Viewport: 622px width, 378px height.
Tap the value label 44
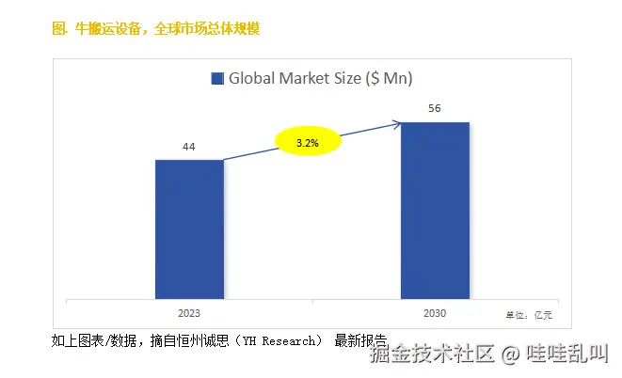(x=189, y=148)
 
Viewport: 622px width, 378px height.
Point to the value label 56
(x=435, y=109)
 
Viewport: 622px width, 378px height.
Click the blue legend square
(x=216, y=79)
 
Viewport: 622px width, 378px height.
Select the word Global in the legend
(x=253, y=79)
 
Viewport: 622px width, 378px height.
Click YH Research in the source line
(x=281, y=340)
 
